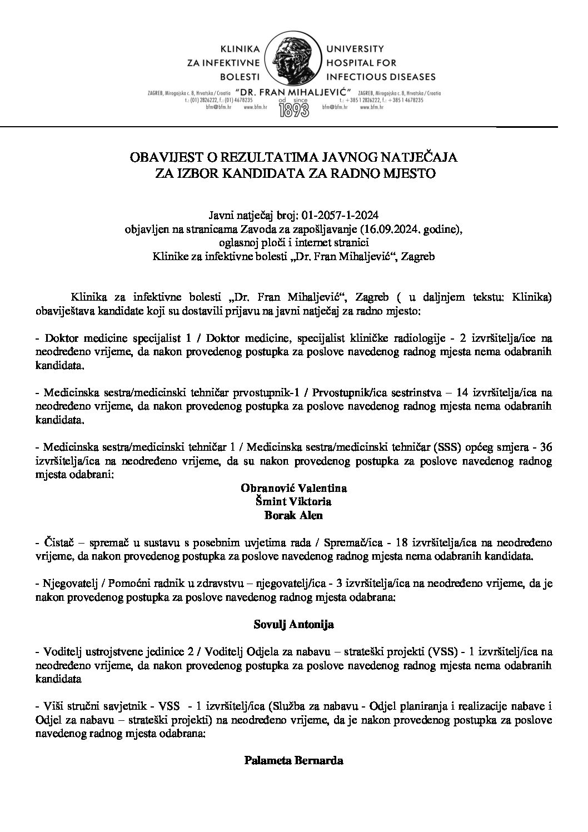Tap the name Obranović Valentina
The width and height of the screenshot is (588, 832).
click(293, 489)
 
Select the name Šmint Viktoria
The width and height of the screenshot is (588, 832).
click(293, 502)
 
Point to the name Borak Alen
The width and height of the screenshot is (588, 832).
click(293, 515)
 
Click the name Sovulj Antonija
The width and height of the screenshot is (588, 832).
click(293, 625)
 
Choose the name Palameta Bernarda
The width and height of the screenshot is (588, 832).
click(293, 760)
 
